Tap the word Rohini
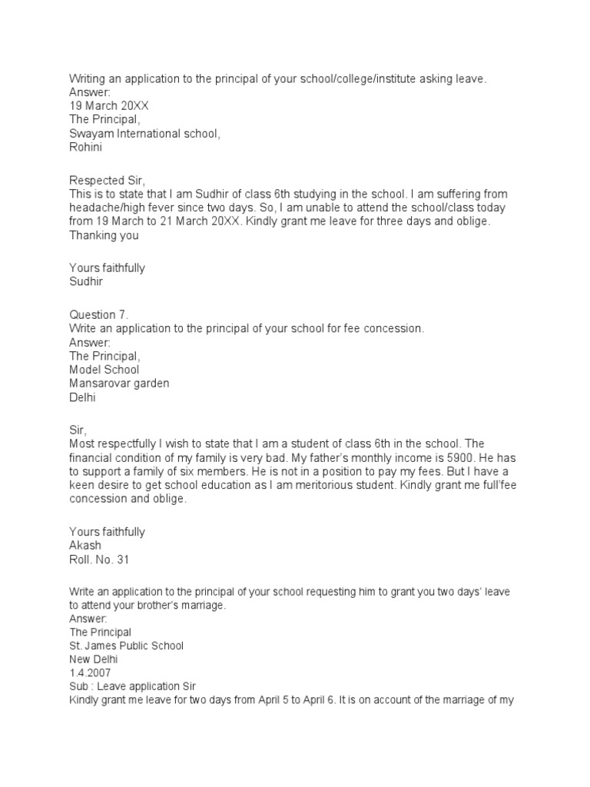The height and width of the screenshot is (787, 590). (x=86, y=148)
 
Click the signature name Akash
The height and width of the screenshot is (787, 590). (x=85, y=546)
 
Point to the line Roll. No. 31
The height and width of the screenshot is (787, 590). (x=100, y=560)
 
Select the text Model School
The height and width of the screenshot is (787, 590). (x=104, y=370)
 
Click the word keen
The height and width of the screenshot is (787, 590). (x=82, y=486)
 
